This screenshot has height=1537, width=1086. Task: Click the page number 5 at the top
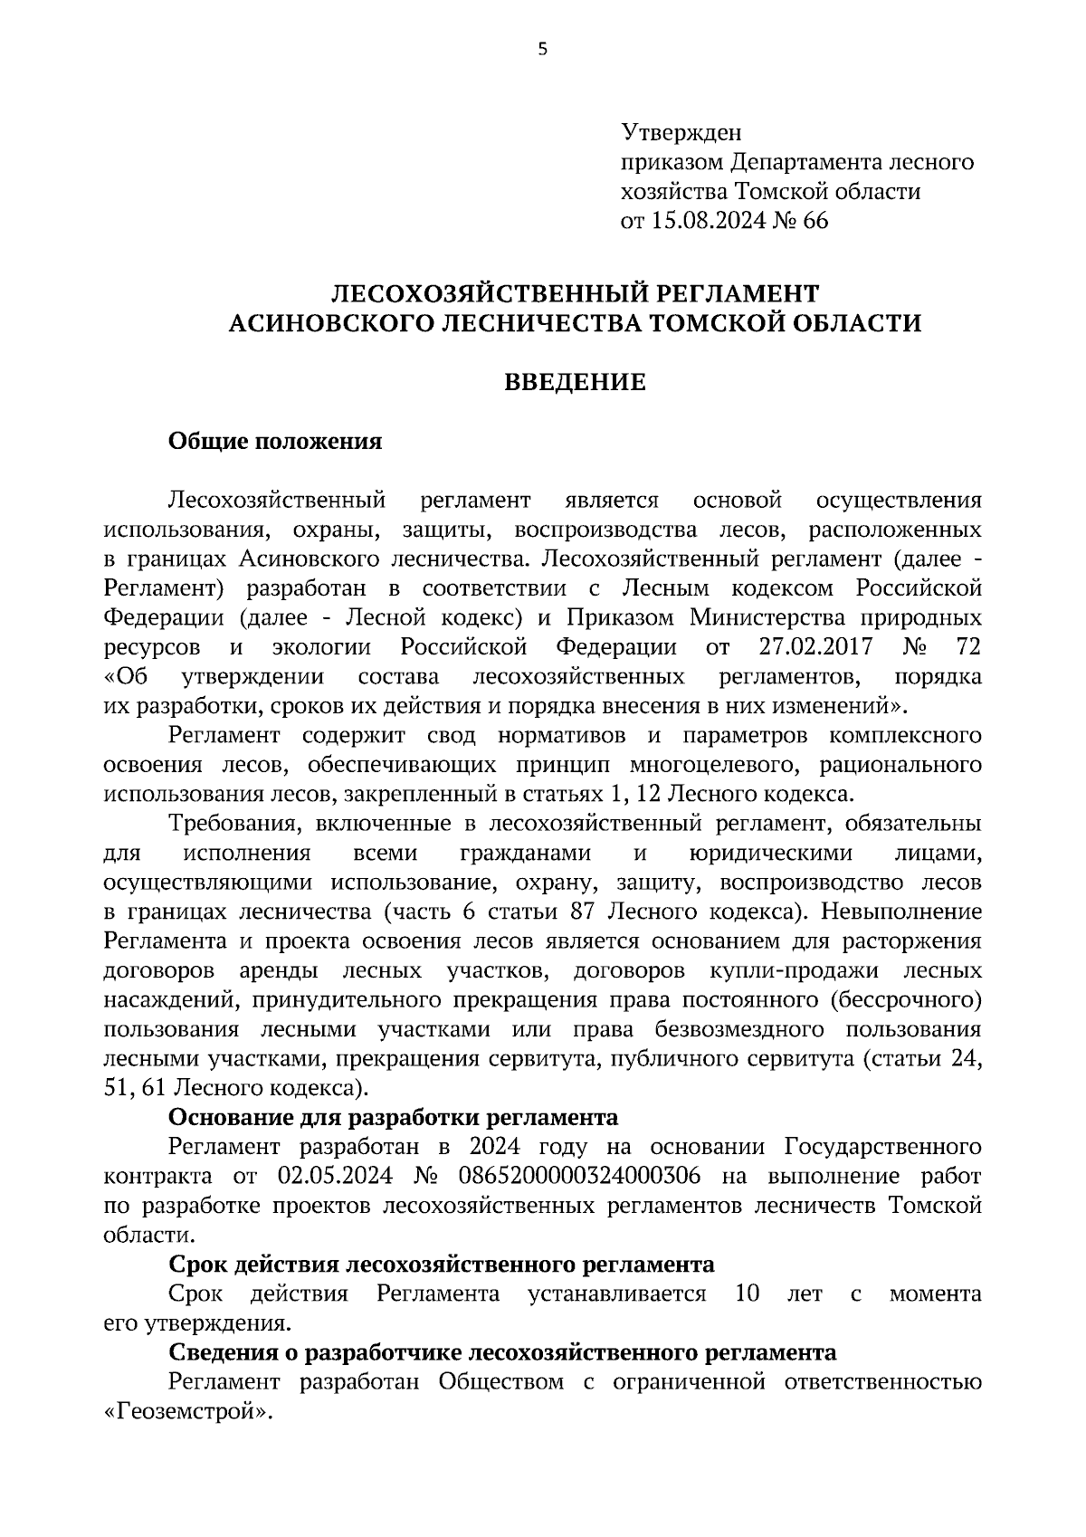tap(542, 50)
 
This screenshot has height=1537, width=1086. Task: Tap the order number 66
tap(814, 221)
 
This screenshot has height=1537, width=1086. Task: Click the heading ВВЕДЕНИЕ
tap(575, 383)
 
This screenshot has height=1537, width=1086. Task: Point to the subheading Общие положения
tap(275, 442)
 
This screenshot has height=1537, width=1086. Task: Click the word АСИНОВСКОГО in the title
tap(329, 323)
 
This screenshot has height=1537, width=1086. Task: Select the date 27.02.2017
tap(812, 647)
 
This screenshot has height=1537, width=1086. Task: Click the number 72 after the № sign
tap(967, 647)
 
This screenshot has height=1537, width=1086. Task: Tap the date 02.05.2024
tap(330, 1177)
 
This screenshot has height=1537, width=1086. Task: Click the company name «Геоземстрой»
tap(187, 1412)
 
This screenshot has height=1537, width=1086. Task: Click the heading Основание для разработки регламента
tap(394, 1118)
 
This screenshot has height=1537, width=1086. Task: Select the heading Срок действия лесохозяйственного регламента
tap(442, 1265)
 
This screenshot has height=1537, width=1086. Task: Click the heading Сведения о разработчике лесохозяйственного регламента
tap(502, 1353)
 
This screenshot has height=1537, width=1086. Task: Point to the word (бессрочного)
tap(906, 1000)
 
